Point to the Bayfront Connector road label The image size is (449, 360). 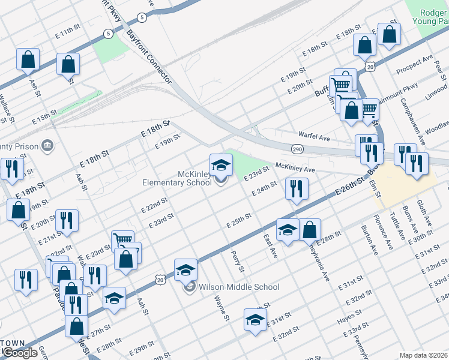(x=149, y=57)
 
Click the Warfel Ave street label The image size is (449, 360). (x=314, y=137)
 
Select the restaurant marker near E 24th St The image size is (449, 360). (x=297, y=188)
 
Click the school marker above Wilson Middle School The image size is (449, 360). (x=185, y=271)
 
